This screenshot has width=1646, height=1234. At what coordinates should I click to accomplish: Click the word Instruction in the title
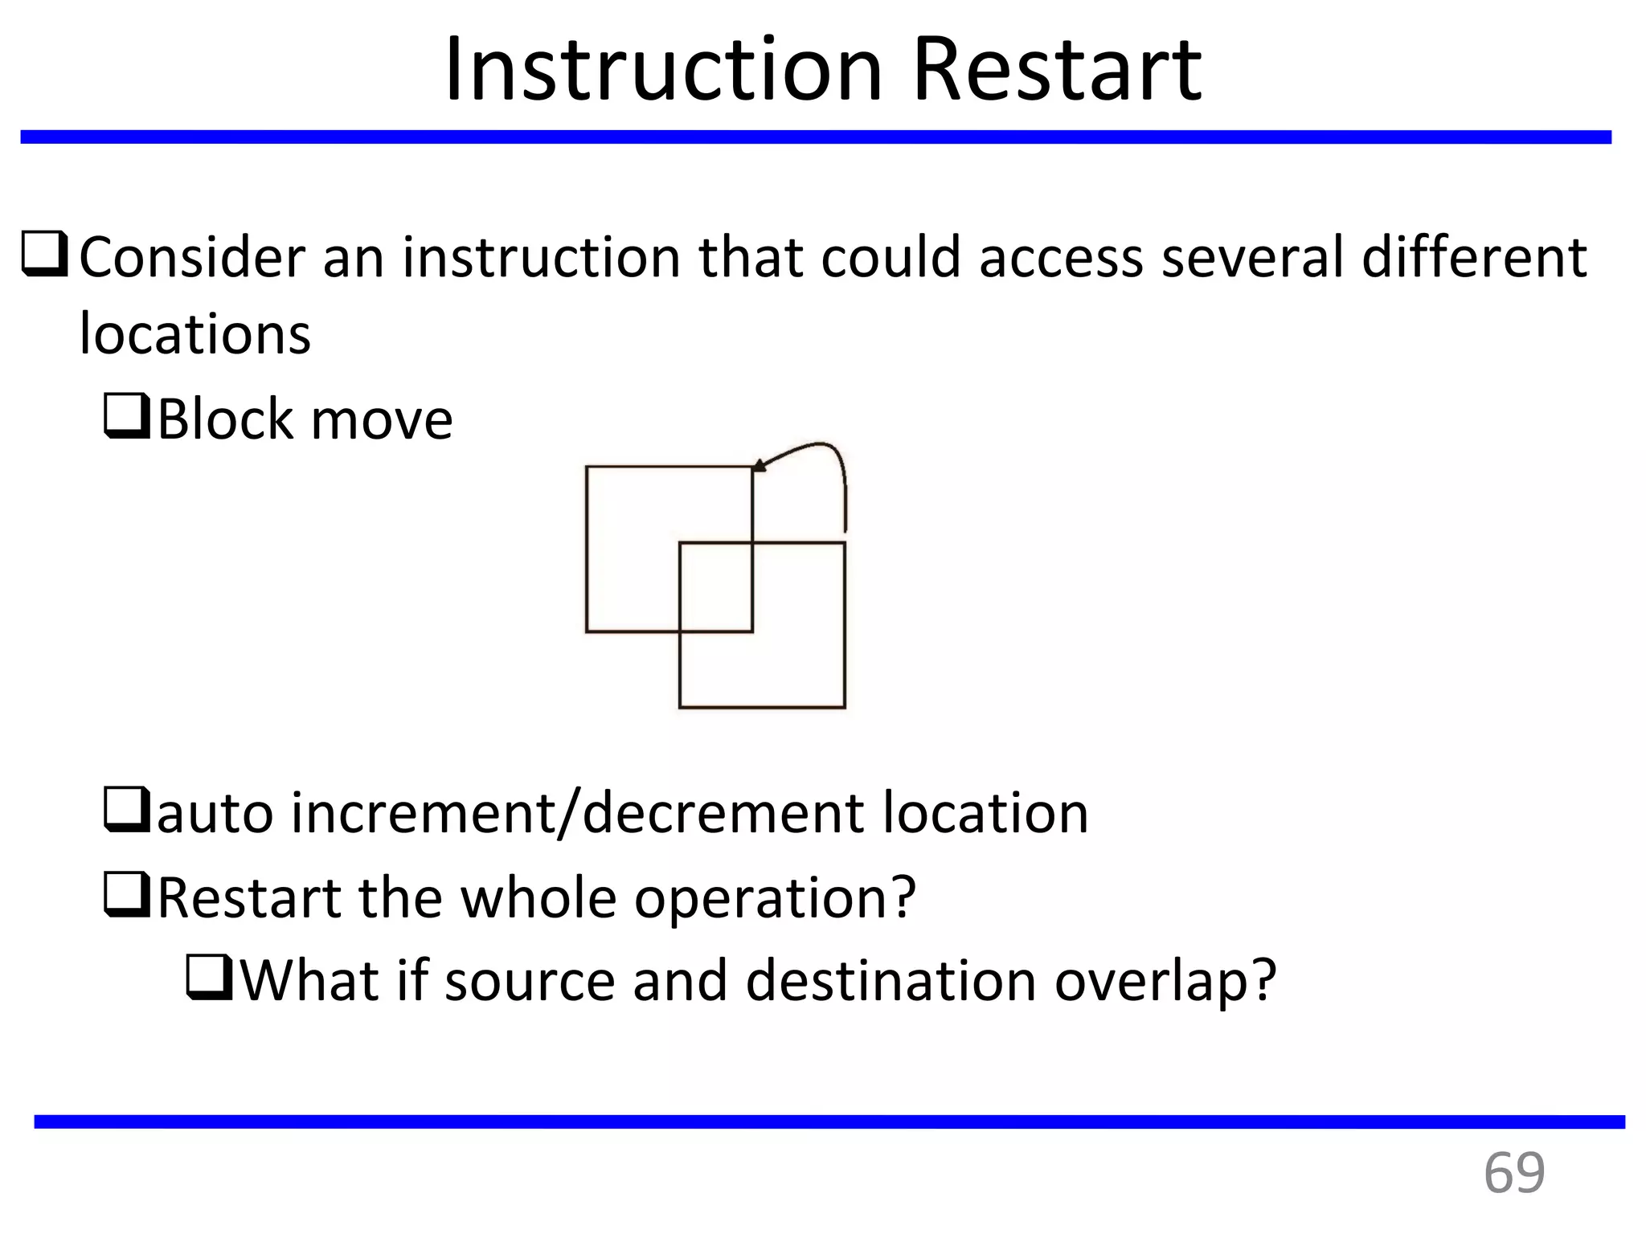point(663,71)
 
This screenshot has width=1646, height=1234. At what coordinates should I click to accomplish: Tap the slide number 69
point(1513,1174)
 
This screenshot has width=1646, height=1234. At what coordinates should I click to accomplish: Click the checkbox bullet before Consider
point(45,255)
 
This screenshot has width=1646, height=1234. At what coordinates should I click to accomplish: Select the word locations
point(195,333)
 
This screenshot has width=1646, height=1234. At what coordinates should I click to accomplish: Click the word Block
point(225,419)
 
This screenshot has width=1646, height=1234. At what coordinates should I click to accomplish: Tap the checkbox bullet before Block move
point(127,416)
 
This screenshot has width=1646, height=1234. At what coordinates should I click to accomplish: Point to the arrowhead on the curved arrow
point(759,465)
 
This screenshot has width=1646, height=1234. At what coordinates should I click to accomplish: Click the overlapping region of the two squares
point(715,586)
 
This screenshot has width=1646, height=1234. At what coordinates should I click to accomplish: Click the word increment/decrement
point(577,812)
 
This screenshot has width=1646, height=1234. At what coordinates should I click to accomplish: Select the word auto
point(215,814)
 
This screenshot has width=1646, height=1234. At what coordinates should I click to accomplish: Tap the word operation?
point(775,898)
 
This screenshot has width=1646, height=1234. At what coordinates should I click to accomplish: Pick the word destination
point(891,981)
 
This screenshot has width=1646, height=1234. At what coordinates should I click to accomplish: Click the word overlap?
point(1165,983)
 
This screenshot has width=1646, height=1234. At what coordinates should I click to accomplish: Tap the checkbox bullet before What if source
point(210,978)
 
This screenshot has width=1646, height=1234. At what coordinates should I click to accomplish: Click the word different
point(1474,257)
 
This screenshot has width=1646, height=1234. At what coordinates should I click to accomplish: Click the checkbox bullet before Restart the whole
point(127,894)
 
